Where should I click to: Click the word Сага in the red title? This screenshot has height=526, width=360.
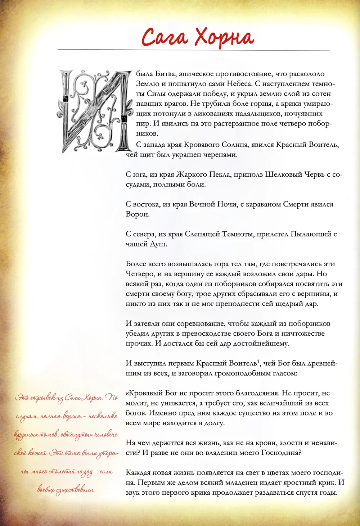165,37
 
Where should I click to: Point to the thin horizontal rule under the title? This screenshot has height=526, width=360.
193,50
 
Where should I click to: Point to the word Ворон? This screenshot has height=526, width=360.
137,214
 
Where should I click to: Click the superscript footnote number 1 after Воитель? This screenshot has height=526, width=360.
258,361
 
